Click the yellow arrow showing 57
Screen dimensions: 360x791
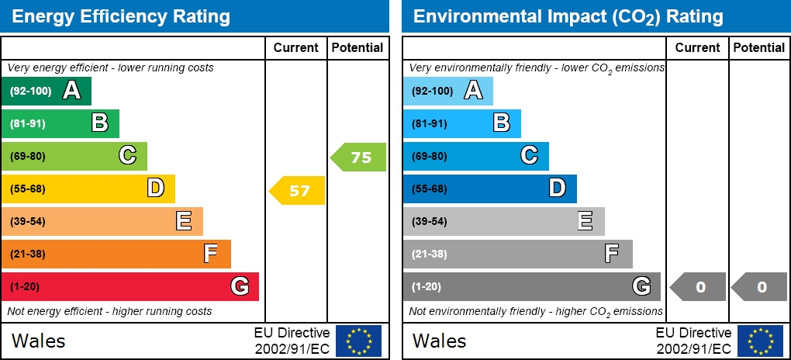[298, 190]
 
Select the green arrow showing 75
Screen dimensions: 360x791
[359, 157]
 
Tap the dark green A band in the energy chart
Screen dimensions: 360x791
[47, 91]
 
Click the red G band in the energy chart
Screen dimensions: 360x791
[130, 286]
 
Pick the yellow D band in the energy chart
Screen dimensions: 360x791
[88, 189]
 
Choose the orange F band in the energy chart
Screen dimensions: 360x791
[116, 254]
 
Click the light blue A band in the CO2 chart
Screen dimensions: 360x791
[447, 91]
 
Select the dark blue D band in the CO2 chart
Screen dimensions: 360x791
[489, 189]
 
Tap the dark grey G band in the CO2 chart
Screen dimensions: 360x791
[531, 286]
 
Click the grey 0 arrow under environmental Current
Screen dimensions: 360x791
[699, 287]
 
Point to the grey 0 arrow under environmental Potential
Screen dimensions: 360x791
[760, 287]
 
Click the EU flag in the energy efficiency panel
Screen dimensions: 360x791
[358, 341]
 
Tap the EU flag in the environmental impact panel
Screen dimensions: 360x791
[760, 341]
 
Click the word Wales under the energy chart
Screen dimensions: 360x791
[38, 341]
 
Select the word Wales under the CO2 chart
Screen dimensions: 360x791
[439, 341]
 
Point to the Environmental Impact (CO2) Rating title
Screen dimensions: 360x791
[568, 16]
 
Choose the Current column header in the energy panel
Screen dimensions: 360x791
[296, 47]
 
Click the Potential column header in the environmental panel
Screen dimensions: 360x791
[759, 47]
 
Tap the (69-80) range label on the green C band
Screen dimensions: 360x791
[28, 156]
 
